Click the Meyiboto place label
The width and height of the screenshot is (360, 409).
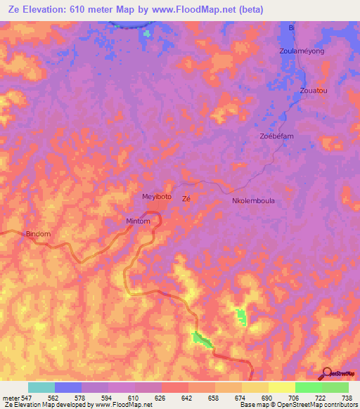click(x=157, y=197)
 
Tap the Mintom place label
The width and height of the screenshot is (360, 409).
click(x=139, y=221)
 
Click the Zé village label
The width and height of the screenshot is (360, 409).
click(x=186, y=199)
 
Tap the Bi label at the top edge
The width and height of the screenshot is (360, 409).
click(x=291, y=27)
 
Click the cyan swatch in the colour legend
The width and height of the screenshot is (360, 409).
click(x=41, y=387)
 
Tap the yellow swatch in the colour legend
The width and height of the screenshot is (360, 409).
click(x=281, y=387)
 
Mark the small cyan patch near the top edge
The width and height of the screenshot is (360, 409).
click(x=146, y=33)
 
